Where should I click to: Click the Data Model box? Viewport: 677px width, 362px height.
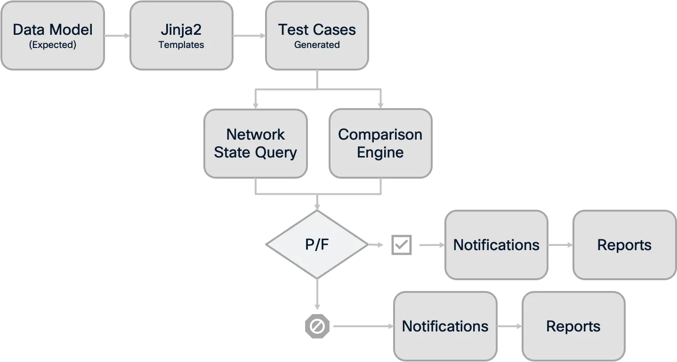coord(52,36)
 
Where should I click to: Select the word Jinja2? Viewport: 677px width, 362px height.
coord(181,30)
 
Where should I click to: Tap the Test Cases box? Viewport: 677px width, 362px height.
coord(317,36)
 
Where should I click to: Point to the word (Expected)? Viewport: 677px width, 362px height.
coord(52,45)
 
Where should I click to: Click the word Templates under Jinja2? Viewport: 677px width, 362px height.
coord(181,45)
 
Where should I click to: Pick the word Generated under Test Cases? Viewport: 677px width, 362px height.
coord(317,45)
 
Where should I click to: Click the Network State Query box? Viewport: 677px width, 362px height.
coord(256,143)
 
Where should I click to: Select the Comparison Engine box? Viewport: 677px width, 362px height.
coord(380,143)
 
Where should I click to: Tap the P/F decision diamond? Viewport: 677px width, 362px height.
coord(317,244)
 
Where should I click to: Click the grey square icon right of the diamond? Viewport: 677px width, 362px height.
coord(401,244)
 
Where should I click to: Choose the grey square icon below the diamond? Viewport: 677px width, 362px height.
coord(318,326)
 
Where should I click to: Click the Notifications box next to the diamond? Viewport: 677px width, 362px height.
coord(496,244)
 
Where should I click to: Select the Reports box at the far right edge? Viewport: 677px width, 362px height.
coord(624,244)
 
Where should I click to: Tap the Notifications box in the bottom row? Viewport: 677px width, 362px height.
coord(445,326)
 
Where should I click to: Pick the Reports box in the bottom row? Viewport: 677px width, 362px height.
coord(573,326)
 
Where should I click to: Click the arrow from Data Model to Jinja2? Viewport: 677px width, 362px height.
coord(117,35)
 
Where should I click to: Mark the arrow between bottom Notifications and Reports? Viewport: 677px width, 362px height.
coord(510,326)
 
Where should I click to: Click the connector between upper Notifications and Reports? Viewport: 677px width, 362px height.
coord(560,244)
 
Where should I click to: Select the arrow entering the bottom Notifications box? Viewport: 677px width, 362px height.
coord(363,326)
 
